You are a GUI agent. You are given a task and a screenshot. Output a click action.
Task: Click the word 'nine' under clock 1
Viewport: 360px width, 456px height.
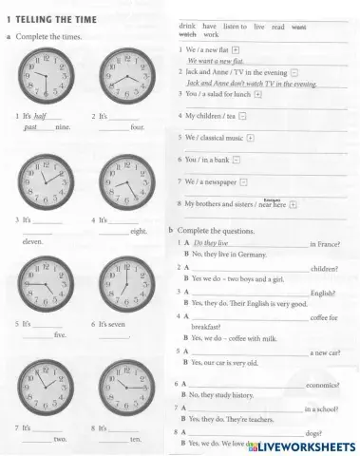point(63,126)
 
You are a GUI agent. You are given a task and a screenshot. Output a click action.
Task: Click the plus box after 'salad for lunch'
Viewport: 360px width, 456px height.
point(259,94)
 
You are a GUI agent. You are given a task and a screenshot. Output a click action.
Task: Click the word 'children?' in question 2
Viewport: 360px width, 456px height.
point(324,269)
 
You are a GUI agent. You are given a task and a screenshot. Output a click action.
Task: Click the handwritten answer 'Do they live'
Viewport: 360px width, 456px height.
point(211,244)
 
